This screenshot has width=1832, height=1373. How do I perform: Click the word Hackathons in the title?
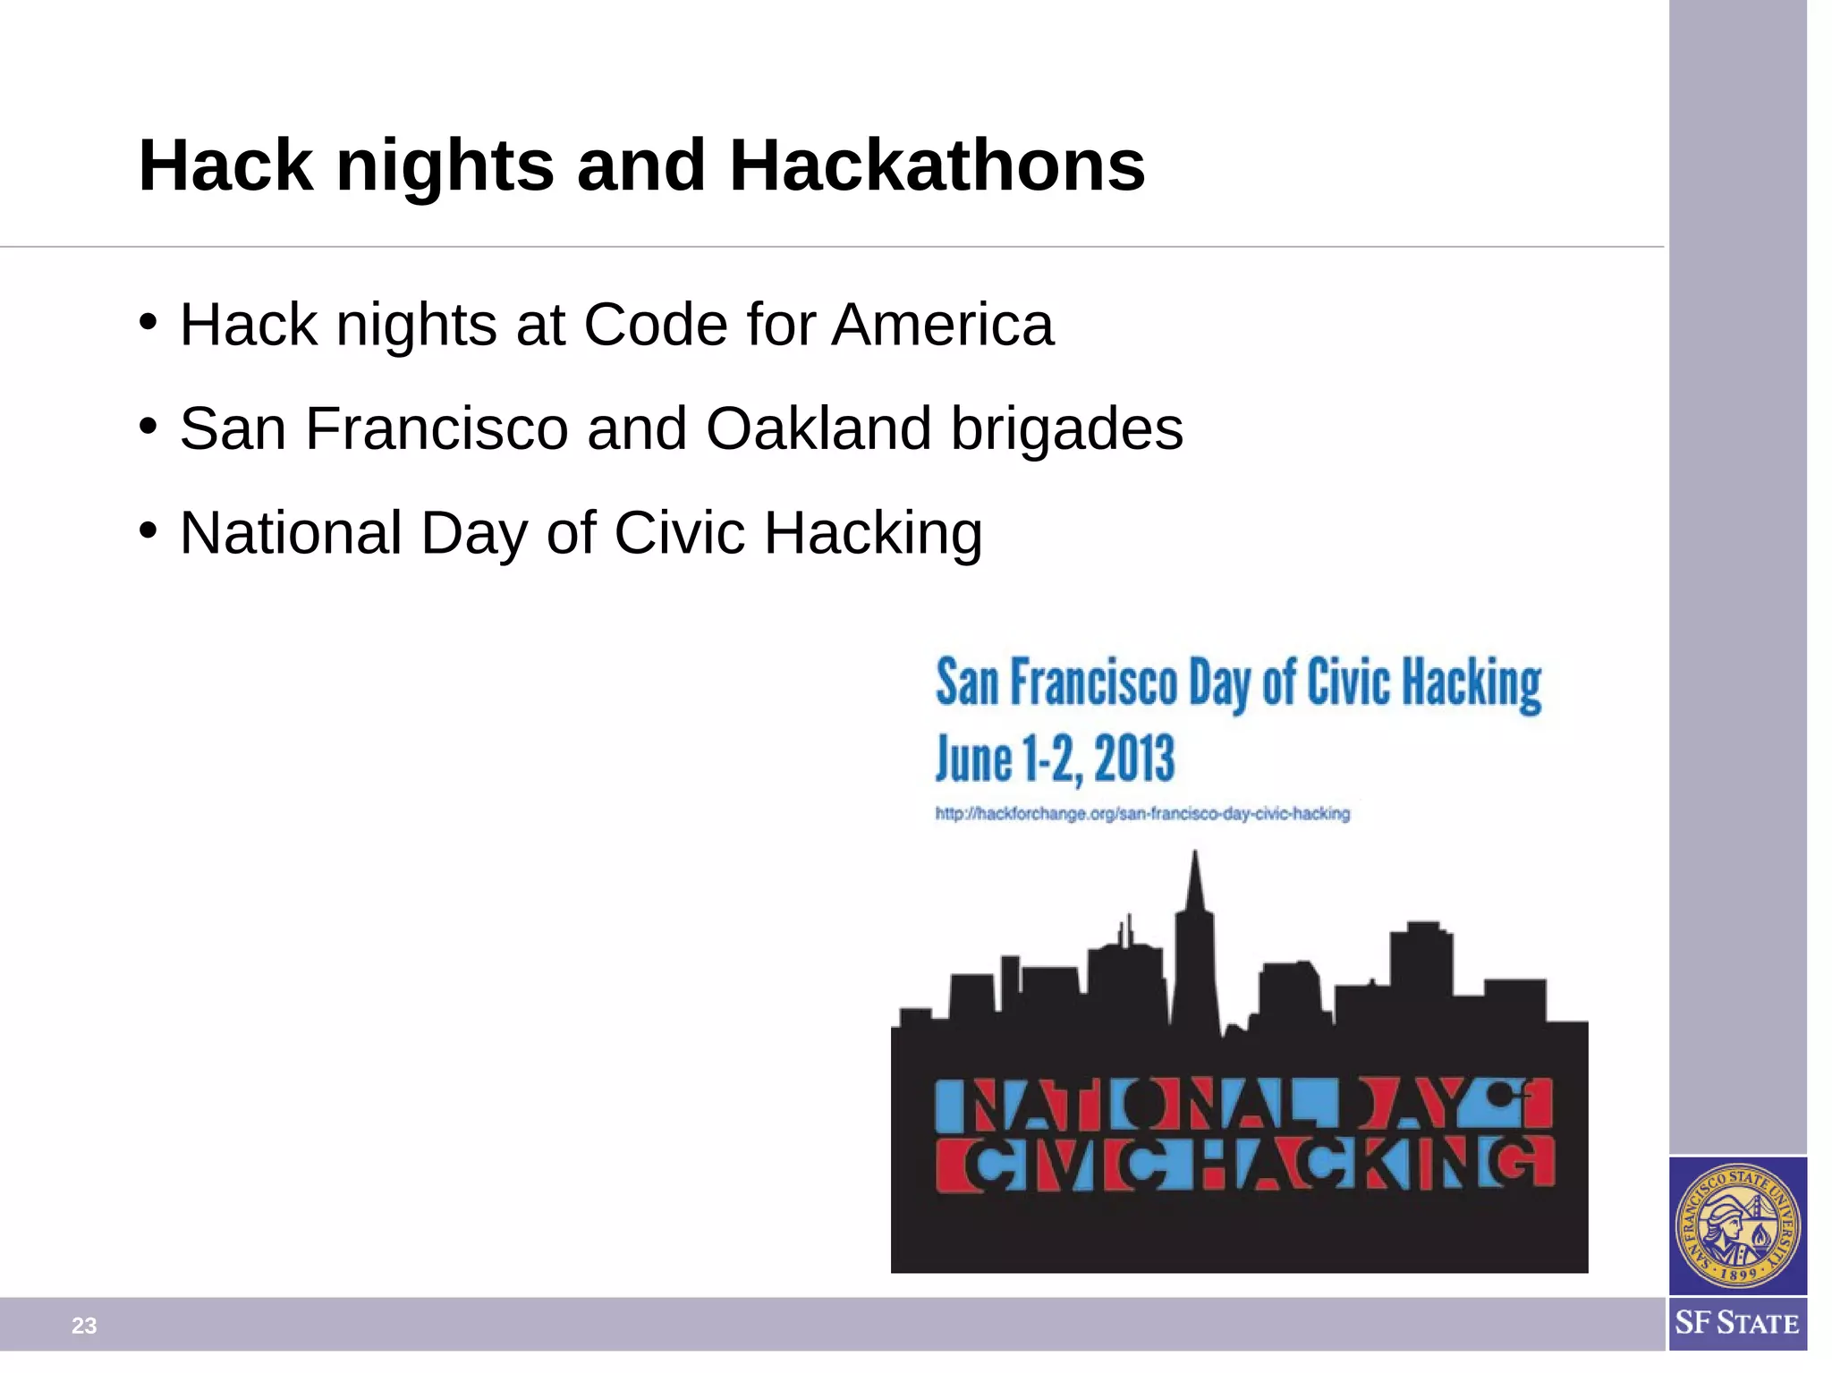pyautogui.click(x=937, y=166)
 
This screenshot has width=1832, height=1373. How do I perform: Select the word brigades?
pyautogui.click(x=1066, y=430)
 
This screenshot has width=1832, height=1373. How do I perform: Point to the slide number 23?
pyautogui.click(x=84, y=1326)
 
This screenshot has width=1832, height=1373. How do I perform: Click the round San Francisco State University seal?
pyautogui.click(x=1737, y=1225)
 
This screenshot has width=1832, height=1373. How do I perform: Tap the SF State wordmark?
pyautogui.click(x=1737, y=1323)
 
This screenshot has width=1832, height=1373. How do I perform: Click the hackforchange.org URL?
pyautogui.click(x=1142, y=814)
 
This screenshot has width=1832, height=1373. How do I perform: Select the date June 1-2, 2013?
pyautogui.click(x=1055, y=759)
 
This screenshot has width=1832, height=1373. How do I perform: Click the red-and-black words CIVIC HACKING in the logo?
pyautogui.click(x=1244, y=1165)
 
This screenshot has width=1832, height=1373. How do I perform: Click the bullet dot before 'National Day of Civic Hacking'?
pyautogui.click(x=148, y=530)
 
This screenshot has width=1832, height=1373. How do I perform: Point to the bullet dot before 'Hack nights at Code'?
pyautogui.click(x=148, y=321)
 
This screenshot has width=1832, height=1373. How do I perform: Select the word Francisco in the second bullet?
pyautogui.click(x=437, y=428)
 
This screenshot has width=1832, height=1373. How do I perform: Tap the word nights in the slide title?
pyautogui.click(x=445, y=166)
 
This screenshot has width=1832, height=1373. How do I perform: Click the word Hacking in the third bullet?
pyautogui.click(x=873, y=534)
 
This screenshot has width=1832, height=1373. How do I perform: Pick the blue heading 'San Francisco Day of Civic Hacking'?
pyautogui.click(x=1239, y=684)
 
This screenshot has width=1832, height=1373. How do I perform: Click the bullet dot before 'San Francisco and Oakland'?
pyautogui.click(x=148, y=426)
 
